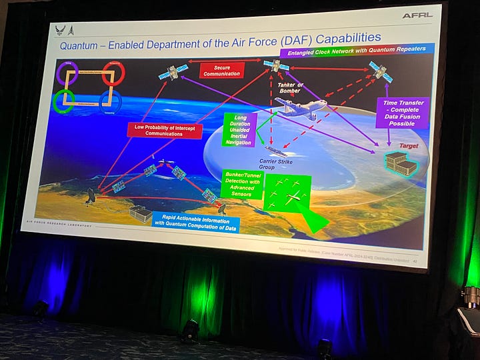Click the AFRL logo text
[x=417, y=15]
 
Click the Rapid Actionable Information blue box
[x=196, y=222]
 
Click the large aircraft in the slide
[x=299, y=109]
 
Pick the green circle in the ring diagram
[x=63, y=102]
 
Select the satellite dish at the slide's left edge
[x=91, y=195]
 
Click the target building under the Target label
[x=399, y=163]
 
